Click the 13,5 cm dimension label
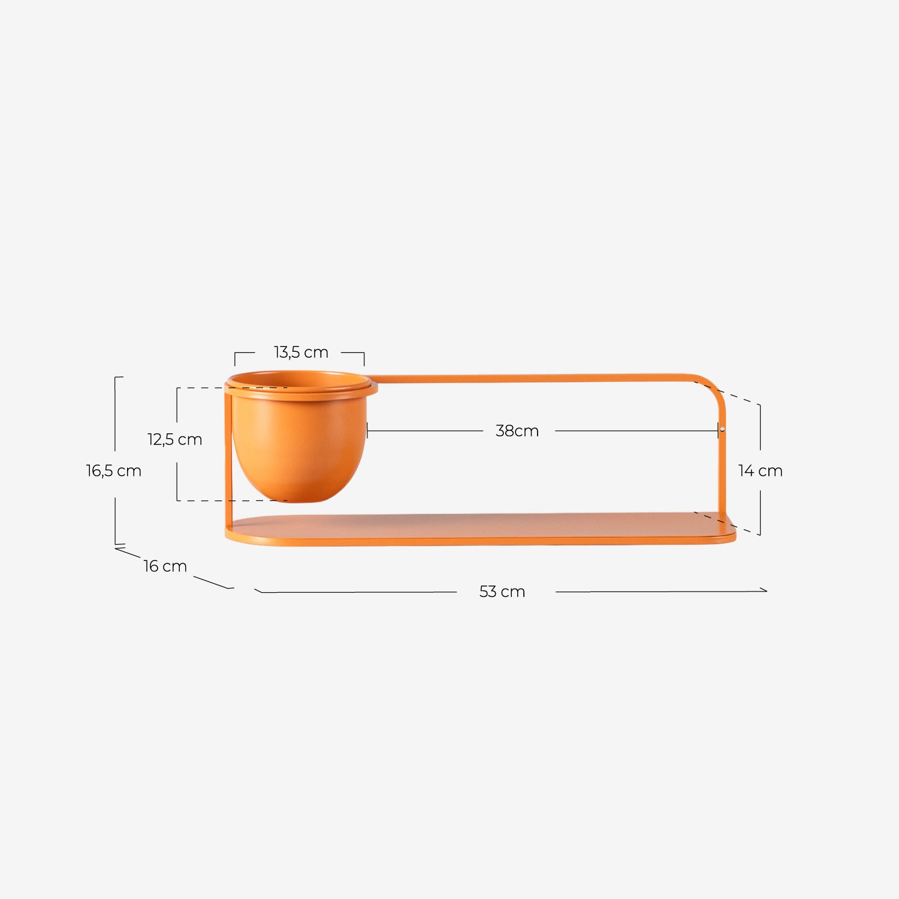[301, 352]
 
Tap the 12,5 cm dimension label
[174, 439]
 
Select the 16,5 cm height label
[113, 471]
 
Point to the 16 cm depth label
[165, 566]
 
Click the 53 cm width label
[502, 592]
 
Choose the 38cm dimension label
[517, 431]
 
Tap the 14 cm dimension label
[760, 471]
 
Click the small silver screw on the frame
[723, 429]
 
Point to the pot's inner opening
[300, 379]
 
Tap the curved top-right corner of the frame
[713, 387]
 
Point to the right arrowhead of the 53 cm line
[765, 591]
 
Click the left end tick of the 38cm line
[367, 431]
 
